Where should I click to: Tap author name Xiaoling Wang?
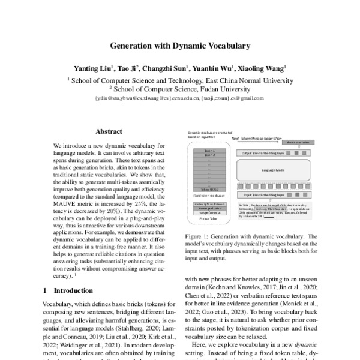coord(263,68)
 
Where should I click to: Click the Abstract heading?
coord(109,130)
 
